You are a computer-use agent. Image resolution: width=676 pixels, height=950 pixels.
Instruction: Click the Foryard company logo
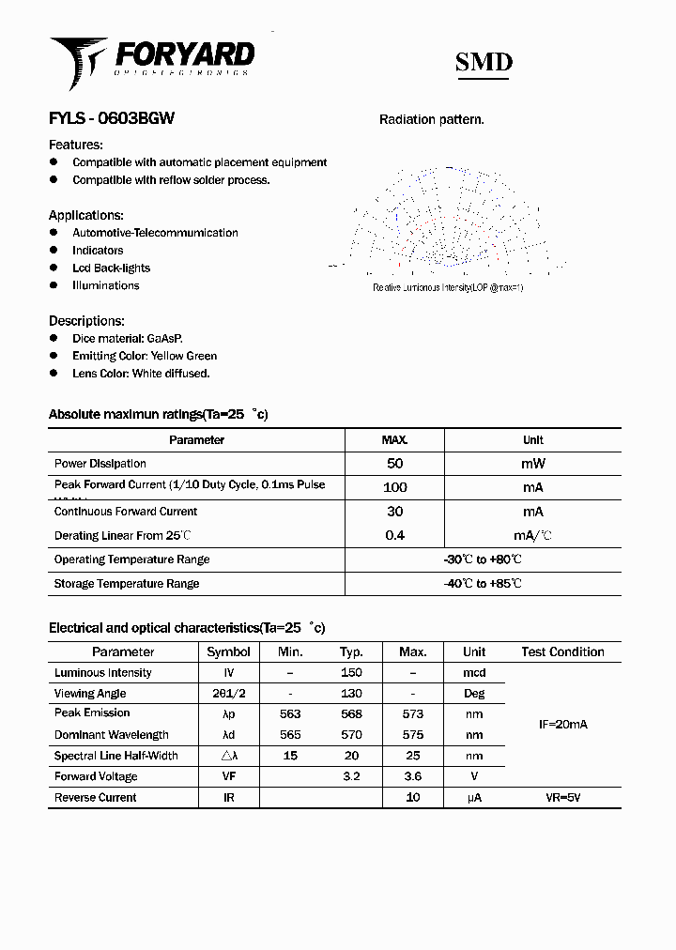pyautogui.click(x=151, y=59)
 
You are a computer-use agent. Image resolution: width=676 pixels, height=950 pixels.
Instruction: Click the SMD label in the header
pyautogui.click(x=484, y=62)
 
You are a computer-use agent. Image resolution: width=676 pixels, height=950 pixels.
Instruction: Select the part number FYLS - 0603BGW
pyautogui.click(x=111, y=119)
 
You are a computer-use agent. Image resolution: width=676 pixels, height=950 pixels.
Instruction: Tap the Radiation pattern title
pyautogui.click(x=431, y=119)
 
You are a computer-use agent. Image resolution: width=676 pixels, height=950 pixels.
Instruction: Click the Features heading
pyautogui.click(x=75, y=145)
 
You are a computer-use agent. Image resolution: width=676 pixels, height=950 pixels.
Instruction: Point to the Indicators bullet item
pyautogui.click(x=98, y=251)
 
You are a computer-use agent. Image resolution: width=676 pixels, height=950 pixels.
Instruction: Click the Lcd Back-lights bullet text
pyautogui.click(x=111, y=268)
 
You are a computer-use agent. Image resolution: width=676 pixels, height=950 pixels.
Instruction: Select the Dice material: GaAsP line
pyautogui.click(x=127, y=338)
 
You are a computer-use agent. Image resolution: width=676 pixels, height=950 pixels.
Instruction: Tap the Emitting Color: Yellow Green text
pyautogui.click(x=144, y=356)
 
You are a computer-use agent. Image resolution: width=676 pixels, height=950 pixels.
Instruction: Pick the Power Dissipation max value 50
pyautogui.click(x=394, y=464)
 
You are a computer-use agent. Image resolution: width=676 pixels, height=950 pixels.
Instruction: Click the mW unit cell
pyautogui.click(x=532, y=464)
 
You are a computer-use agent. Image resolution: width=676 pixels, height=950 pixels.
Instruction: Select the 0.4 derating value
pyautogui.click(x=394, y=535)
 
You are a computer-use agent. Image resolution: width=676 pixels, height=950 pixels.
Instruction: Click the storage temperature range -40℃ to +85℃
pyautogui.click(x=483, y=583)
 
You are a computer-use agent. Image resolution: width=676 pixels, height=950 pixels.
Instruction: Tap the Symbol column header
pyautogui.click(x=228, y=651)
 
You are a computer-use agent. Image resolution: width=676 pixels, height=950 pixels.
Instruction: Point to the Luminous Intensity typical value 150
pyautogui.click(x=351, y=673)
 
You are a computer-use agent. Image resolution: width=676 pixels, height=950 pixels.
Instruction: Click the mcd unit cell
pyautogui.click(x=474, y=673)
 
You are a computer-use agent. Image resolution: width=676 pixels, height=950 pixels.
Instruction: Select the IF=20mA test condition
pyautogui.click(x=562, y=725)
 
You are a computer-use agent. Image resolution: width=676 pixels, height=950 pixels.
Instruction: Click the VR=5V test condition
pyautogui.click(x=562, y=797)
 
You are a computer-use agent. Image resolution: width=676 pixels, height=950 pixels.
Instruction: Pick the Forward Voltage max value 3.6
pyautogui.click(x=412, y=776)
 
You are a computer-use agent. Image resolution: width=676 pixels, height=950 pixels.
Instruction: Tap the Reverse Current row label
pyautogui.click(x=96, y=797)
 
